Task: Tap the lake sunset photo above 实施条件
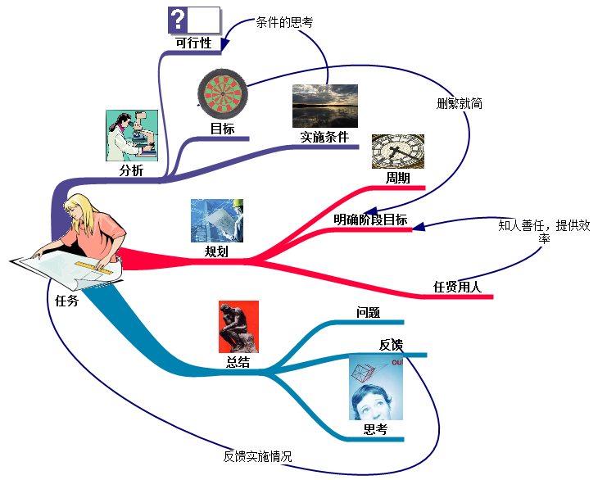pyautogui.click(x=324, y=106)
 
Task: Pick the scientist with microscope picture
pyautogui.click(x=131, y=136)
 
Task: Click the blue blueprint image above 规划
pyautogui.click(x=216, y=220)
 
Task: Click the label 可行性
pyautogui.click(x=194, y=43)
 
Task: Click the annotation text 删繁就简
pyautogui.click(x=460, y=104)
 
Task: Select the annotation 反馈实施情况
pyautogui.click(x=257, y=456)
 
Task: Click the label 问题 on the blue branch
pyautogui.click(x=368, y=312)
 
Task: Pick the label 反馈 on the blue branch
pyautogui.click(x=391, y=345)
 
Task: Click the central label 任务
pyautogui.click(x=66, y=301)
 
